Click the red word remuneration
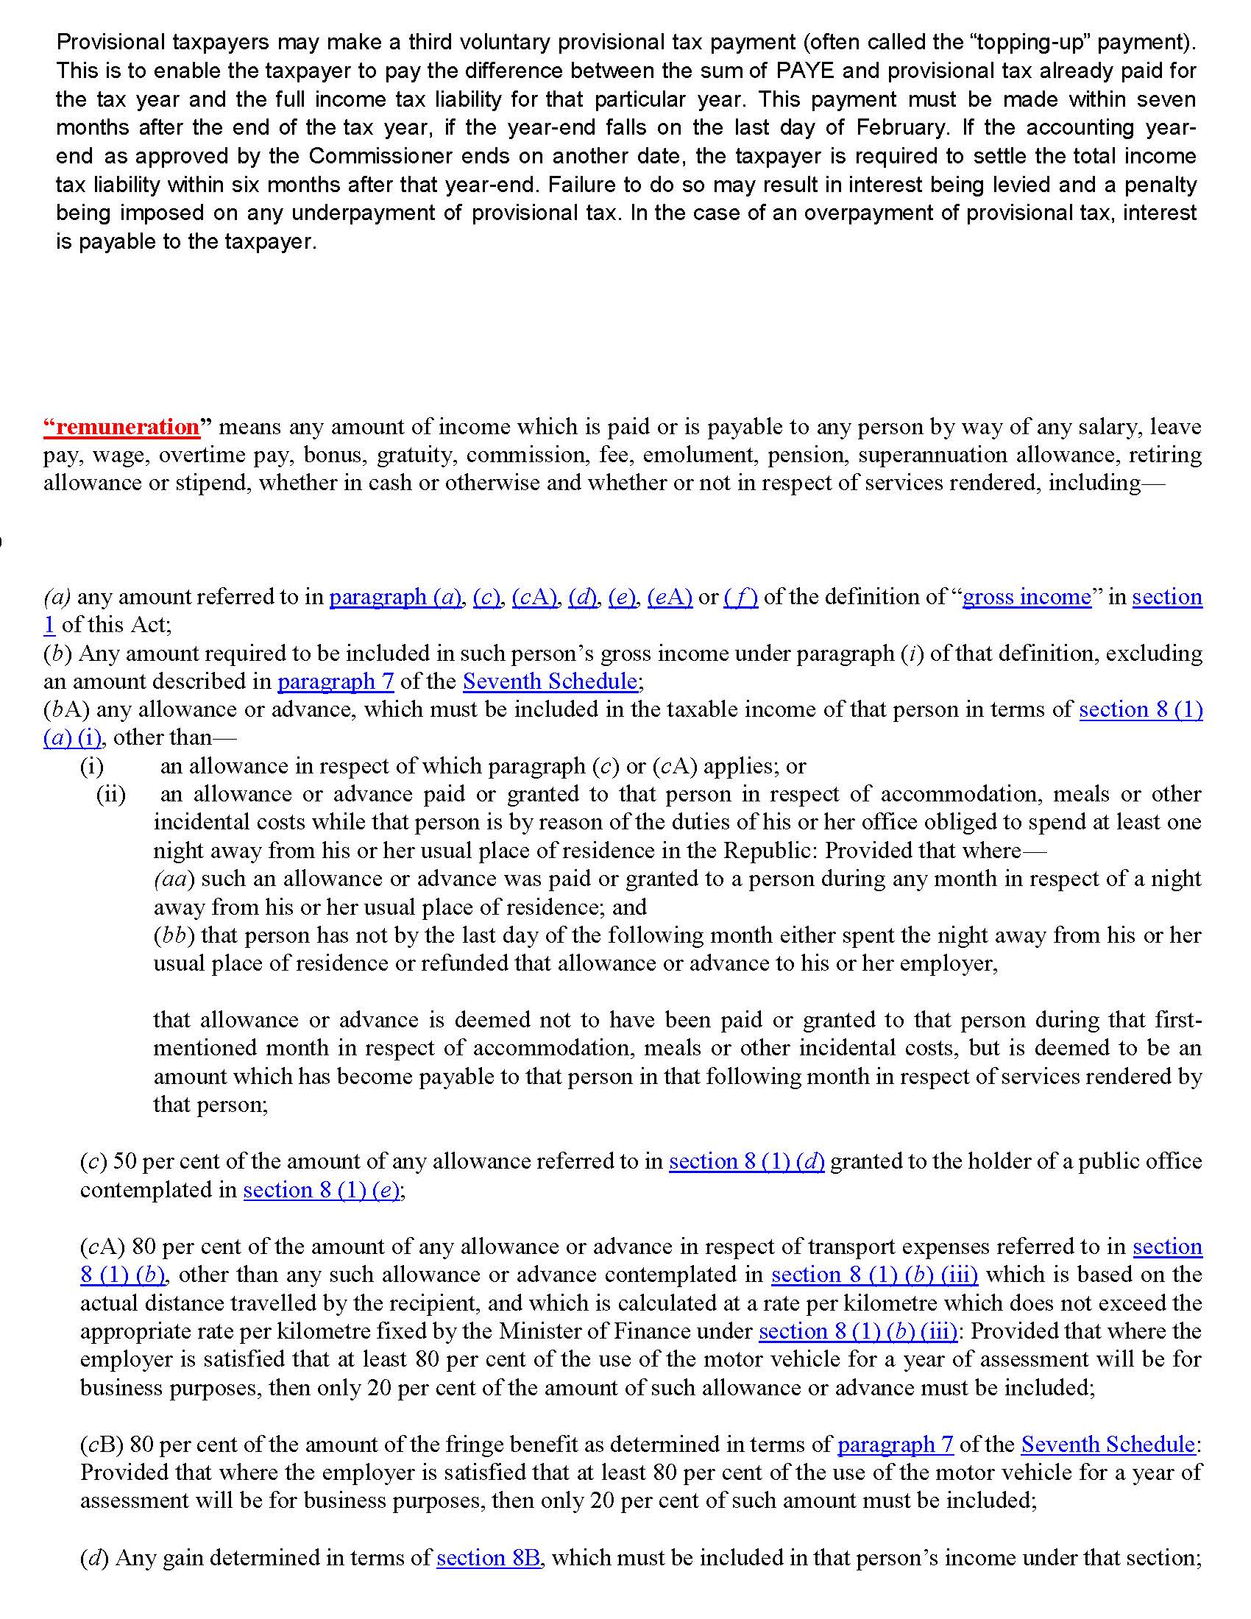121,427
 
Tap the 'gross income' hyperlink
1027,597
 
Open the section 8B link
489,1558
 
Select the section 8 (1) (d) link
746,1161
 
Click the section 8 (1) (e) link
322,1190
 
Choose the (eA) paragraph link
670,597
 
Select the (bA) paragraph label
67,710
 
